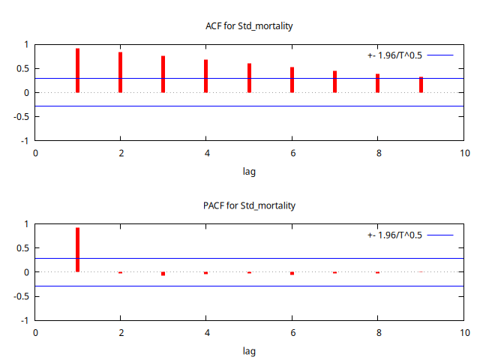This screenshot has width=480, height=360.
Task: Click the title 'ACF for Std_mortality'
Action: pyautogui.click(x=249, y=26)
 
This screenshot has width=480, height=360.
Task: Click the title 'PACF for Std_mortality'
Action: pyautogui.click(x=249, y=205)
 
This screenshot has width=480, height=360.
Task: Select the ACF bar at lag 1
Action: pyautogui.click(x=78, y=70)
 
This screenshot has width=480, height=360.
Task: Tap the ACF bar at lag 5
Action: pyautogui.click(x=249, y=78)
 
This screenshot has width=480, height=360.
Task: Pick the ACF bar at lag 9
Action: pyautogui.click(x=421, y=85)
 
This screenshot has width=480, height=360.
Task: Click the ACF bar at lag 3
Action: pyautogui.click(x=163, y=74)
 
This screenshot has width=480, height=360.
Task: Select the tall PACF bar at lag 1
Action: pyautogui.click(x=78, y=250)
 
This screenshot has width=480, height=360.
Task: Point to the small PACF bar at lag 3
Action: pyautogui.click(x=163, y=274)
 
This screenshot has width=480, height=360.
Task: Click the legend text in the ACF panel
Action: pyautogui.click(x=394, y=55)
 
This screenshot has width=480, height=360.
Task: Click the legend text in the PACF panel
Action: pyautogui.click(x=394, y=235)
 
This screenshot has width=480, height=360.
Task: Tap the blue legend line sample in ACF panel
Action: pyautogui.click(x=440, y=55)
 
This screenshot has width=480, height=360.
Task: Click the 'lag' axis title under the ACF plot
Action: pyautogui.click(x=249, y=172)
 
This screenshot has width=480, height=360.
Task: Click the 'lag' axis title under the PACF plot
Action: pyautogui.click(x=249, y=351)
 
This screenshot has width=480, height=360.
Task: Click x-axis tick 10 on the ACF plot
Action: pyautogui.click(x=464, y=153)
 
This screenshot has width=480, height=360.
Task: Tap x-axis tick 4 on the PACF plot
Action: pyautogui.click(x=206, y=332)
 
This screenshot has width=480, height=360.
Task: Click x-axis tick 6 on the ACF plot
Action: pyautogui.click(x=292, y=153)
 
